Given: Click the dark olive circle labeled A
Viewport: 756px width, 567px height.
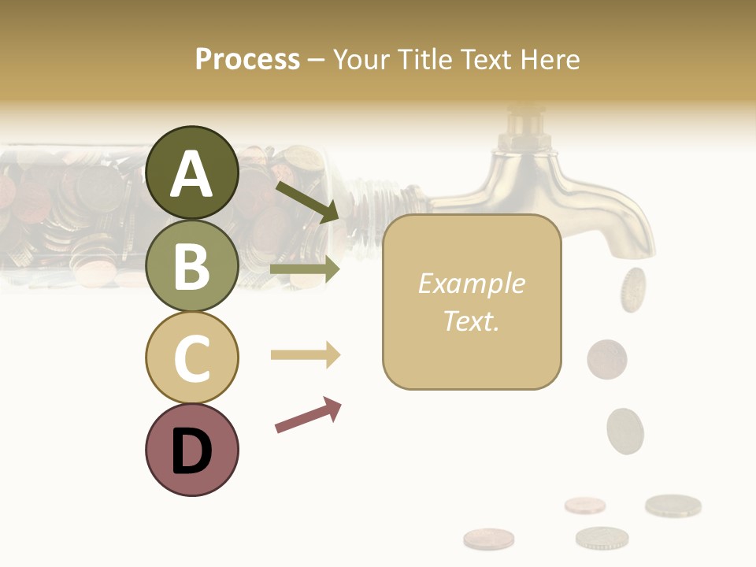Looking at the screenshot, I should click(x=191, y=172).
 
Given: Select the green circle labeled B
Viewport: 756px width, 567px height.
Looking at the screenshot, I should click(x=191, y=265).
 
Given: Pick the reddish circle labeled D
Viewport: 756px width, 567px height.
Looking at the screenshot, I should click(x=191, y=450).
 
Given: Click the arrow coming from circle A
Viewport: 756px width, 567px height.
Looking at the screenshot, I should click(x=306, y=202).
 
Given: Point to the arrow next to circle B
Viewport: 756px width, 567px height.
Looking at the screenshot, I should click(x=305, y=269).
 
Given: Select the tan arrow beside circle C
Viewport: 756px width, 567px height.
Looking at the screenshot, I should click(x=305, y=355).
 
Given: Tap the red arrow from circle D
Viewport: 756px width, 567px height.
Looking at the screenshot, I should click(x=308, y=415).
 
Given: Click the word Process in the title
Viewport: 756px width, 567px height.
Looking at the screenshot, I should click(x=247, y=59).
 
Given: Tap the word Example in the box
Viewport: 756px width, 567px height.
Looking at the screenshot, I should click(x=471, y=283).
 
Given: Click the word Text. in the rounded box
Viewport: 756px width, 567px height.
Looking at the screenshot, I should click(x=471, y=321).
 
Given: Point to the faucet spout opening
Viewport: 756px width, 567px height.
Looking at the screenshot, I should click(x=637, y=254).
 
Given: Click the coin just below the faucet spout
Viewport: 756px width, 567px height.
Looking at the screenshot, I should click(x=632, y=289).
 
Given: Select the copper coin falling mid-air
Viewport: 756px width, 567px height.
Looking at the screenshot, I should click(x=606, y=358).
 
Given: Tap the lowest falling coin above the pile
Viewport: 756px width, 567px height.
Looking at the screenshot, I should click(x=625, y=430).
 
